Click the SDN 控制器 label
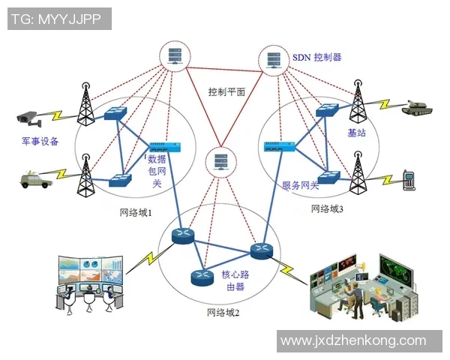(x=316, y=56)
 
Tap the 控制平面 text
(x=228, y=92)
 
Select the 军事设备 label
(x=39, y=141)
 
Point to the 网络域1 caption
(x=136, y=212)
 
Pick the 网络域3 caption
(x=327, y=208)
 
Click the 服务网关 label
(x=300, y=185)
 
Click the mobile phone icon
(x=409, y=180)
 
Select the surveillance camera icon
(x=29, y=117)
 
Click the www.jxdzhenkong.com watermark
(x=363, y=341)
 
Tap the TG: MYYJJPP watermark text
(x=59, y=19)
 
